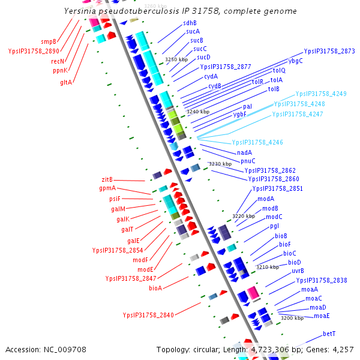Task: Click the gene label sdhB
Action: click(x=190, y=23)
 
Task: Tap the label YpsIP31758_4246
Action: click(x=257, y=142)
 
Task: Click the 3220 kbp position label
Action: click(x=244, y=215)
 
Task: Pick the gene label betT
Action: click(x=329, y=334)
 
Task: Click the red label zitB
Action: click(x=107, y=179)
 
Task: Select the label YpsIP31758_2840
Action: click(x=148, y=315)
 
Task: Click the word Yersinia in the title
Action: click(x=83, y=11)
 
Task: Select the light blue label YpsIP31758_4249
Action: click(x=321, y=94)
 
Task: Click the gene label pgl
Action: click(x=275, y=226)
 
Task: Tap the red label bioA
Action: click(x=155, y=289)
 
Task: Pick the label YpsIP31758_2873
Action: click(x=329, y=52)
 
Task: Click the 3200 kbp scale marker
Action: click(x=292, y=318)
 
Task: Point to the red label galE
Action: click(x=133, y=241)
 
